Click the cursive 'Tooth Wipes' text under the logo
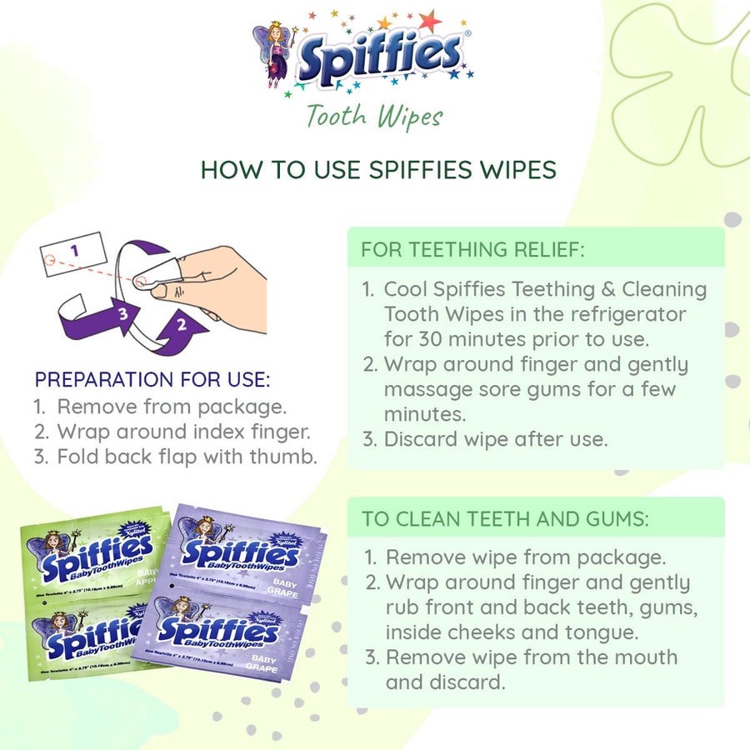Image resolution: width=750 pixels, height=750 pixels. pyautogui.click(x=373, y=116)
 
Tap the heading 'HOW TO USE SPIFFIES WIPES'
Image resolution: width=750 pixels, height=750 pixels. pyautogui.click(x=378, y=169)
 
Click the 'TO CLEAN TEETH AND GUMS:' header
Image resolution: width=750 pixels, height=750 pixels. pyautogui.click(x=504, y=518)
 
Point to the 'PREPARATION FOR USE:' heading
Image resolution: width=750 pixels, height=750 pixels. pyautogui.click(x=152, y=380)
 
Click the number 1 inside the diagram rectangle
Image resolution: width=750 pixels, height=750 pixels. pyautogui.click(x=73, y=249)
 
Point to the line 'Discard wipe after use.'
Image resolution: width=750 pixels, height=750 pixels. pyautogui.click(x=496, y=439)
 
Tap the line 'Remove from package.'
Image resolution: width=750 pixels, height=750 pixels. pyautogui.click(x=171, y=407)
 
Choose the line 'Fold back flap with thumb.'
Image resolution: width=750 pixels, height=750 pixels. pyautogui.click(x=187, y=457)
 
